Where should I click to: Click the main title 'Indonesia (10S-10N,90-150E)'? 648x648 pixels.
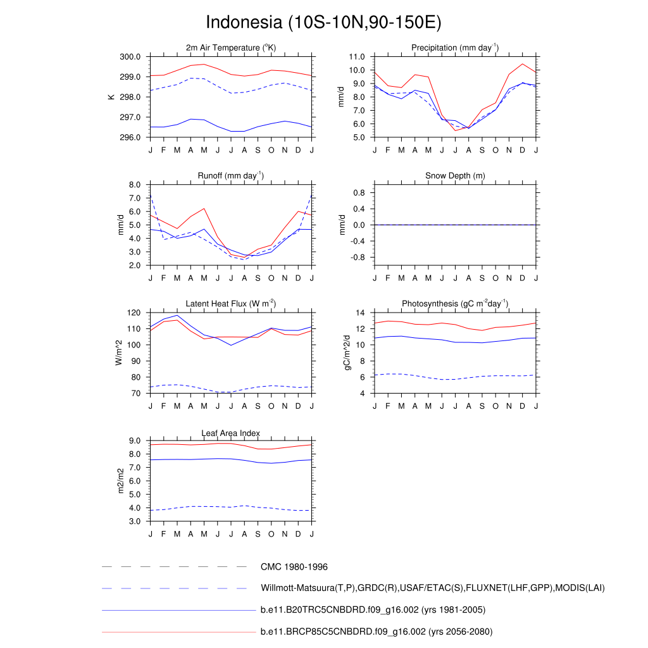pyautogui.click(x=323, y=23)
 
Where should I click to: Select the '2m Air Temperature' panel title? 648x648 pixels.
pyautogui.click(x=231, y=47)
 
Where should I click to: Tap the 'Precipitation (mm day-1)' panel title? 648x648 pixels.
pyautogui.click(x=455, y=47)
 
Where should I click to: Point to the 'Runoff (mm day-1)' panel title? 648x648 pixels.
pyautogui.click(x=231, y=175)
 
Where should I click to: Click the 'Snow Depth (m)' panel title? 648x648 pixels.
pyautogui.click(x=455, y=175)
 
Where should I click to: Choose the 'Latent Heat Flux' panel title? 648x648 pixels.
pyautogui.click(x=231, y=304)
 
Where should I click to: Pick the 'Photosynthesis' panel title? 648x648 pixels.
pyautogui.click(x=455, y=304)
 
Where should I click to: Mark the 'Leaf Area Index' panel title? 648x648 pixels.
pyautogui.click(x=231, y=433)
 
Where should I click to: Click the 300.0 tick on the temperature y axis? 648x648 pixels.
pyautogui.click(x=131, y=57)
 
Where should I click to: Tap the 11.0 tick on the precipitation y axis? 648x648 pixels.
pyautogui.click(x=357, y=57)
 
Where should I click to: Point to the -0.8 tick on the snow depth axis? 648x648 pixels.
pyautogui.click(x=358, y=258)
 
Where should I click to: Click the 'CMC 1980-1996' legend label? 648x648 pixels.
pyautogui.click(x=294, y=567)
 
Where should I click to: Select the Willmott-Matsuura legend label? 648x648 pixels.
pyautogui.click(x=432, y=589)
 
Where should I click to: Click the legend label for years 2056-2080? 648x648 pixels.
pyautogui.click(x=377, y=632)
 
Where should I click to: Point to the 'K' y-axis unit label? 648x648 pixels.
pyautogui.click(x=111, y=97)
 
